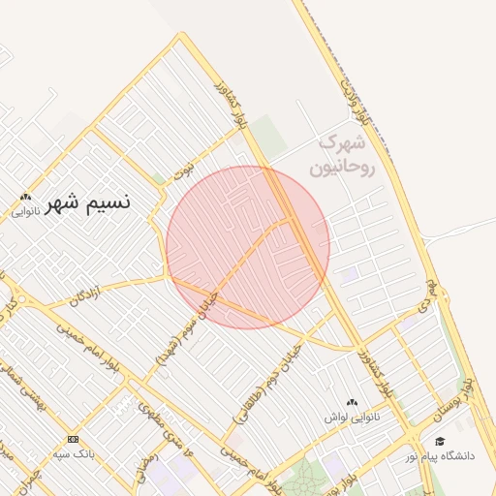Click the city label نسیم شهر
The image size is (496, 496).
(x=93, y=203)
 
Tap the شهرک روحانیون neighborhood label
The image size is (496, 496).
(x=340, y=155)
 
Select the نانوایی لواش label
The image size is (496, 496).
(x=352, y=417)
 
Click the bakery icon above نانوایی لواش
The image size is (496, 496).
(x=352, y=402)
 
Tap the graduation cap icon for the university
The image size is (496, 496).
(x=440, y=441)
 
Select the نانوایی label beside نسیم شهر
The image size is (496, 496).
(x=25, y=210)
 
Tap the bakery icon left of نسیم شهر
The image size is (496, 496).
(x=25, y=197)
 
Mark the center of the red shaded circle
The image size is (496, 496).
(x=248, y=247)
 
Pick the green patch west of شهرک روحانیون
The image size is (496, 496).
(x=270, y=140)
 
